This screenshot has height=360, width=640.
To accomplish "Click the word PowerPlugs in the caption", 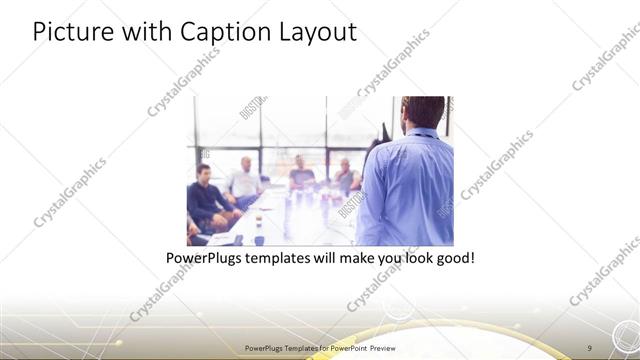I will (x=205, y=257).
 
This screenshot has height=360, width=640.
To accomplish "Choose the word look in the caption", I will (x=412, y=257).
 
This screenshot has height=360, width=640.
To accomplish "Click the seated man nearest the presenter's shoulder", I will (x=345, y=175).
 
